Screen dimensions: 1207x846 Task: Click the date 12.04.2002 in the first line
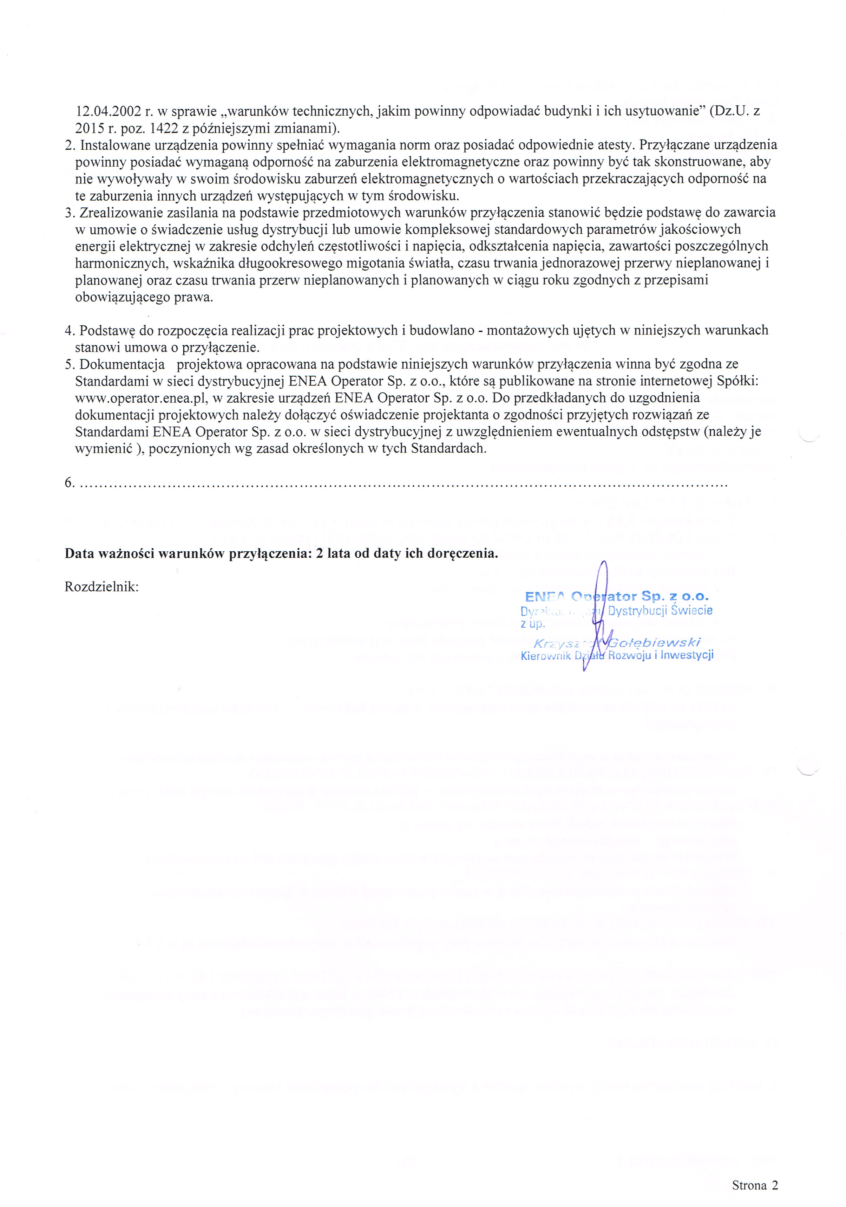tap(108, 111)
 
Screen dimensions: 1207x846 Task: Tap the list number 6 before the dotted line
tap(68, 482)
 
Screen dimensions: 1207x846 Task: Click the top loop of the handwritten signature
tap(604, 570)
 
